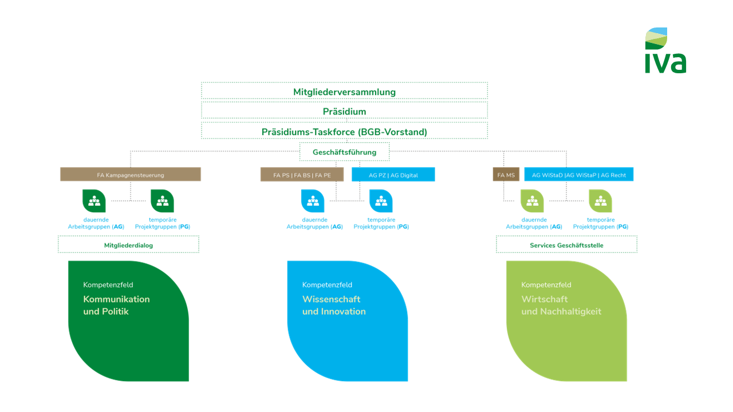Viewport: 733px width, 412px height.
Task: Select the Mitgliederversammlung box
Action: [344, 92]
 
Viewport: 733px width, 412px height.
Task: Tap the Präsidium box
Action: [344, 111]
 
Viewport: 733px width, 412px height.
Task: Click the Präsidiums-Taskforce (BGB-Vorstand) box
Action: [344, 132]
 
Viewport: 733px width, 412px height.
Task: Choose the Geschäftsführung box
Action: [344, 152]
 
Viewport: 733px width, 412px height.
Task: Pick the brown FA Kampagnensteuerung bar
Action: [131, 175]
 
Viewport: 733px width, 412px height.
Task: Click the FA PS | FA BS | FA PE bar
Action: [302, 175]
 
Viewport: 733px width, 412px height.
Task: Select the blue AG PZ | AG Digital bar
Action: [393, 175]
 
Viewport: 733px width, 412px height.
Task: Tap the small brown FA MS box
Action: [506, 175]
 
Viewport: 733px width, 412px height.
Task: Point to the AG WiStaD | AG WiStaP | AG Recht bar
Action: [579, 175]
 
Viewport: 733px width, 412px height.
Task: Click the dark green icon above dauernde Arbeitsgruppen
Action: [94, 201]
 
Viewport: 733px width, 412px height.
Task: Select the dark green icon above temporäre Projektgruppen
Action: [162, 201]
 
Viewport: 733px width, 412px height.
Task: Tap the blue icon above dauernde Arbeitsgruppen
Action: [313, 201]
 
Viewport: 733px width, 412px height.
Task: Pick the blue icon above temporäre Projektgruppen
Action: [381, 201]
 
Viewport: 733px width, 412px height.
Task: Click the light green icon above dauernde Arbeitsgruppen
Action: [532, 201]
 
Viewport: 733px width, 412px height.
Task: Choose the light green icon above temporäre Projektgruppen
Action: [600, 201]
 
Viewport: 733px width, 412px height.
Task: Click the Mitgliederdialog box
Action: [128, 245]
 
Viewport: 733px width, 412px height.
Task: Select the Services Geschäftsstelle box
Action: [566, 245]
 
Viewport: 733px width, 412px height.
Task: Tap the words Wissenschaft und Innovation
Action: [334, 306]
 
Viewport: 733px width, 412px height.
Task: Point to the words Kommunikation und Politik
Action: [116, 306]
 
